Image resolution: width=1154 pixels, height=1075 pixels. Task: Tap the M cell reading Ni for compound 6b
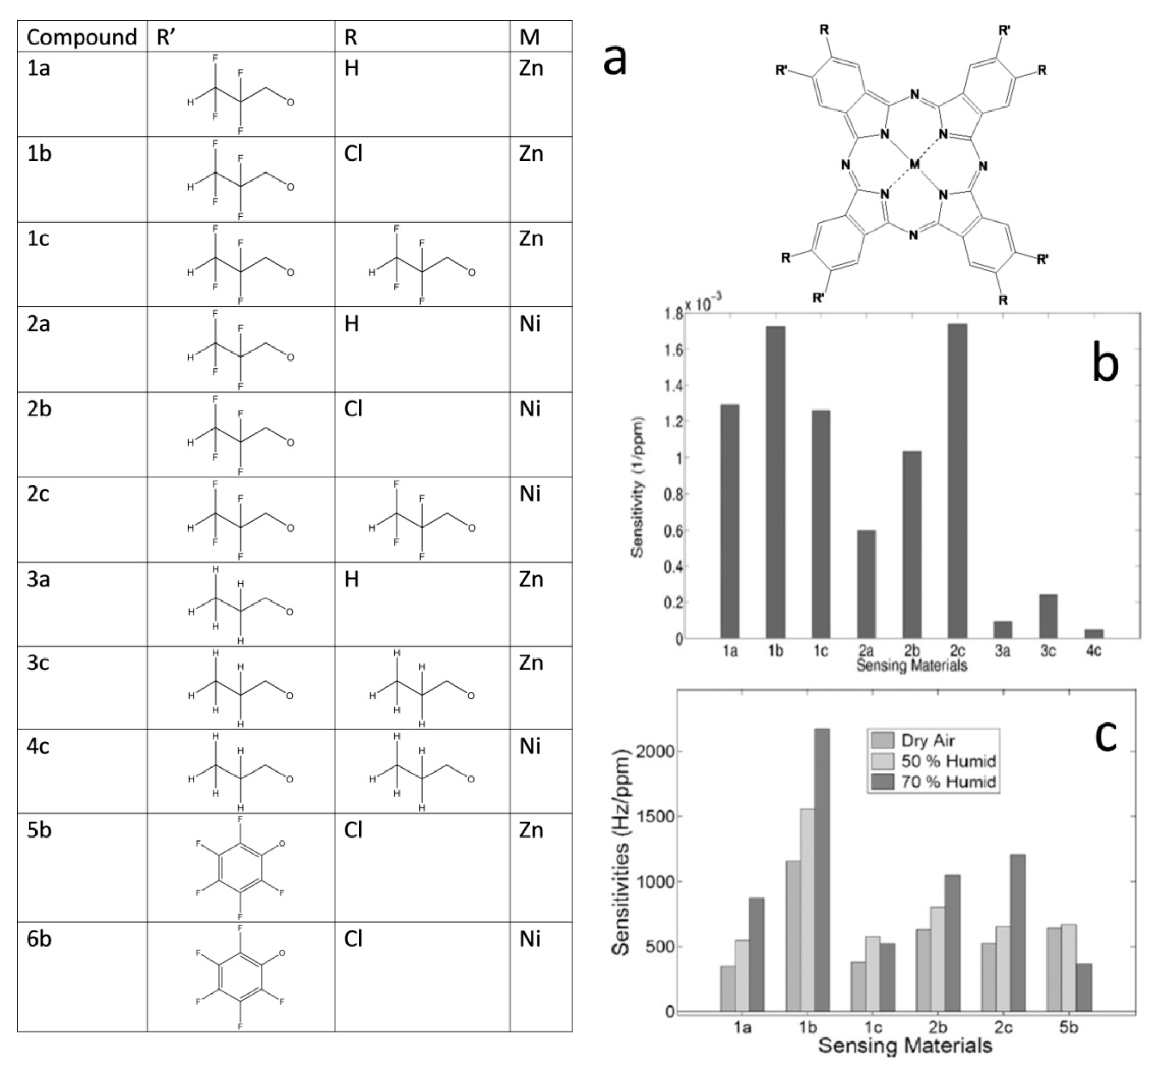530,939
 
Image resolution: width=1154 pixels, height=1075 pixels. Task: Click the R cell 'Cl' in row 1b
353,154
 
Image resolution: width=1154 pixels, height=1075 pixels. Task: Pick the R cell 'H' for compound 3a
351,579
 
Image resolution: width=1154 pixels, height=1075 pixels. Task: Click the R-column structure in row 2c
422,520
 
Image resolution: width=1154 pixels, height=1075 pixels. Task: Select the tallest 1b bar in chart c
822,871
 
